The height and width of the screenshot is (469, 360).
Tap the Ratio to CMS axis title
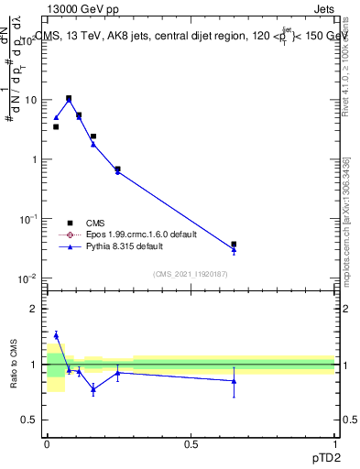tap(15, 365)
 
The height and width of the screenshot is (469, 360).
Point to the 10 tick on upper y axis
tap(30, 100)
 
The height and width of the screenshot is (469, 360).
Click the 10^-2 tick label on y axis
tap(27, 278)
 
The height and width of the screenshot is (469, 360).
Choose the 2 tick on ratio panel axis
tap(35, 310)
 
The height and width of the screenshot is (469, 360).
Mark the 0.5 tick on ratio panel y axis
tap(31, 420)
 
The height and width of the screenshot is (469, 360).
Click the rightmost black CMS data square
tap(234, 245)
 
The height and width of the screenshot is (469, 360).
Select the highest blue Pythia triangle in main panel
tap(69, 100)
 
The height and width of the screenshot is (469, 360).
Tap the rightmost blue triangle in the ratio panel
tap(234, 380)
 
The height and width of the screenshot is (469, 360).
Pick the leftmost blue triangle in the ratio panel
tap(56, 335)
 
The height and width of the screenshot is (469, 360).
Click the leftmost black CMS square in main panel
tap(56, 126)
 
